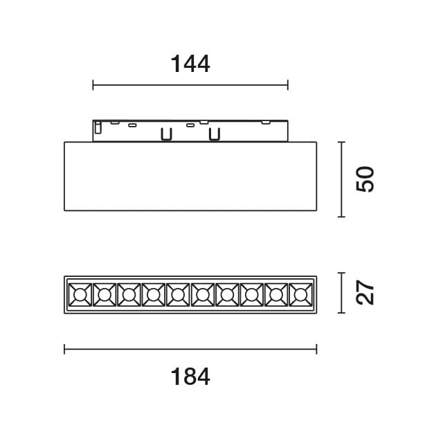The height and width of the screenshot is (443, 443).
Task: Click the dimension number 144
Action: (x=190, y=64)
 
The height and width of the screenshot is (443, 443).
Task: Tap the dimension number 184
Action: (x=190, y=377)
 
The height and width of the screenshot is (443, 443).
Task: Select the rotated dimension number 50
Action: (x=365, y=179)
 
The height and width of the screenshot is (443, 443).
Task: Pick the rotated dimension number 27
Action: (x=365, y=293)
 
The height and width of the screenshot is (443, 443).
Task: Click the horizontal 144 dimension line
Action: (x=190, y=86)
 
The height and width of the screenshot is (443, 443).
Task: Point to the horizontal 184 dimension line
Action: (x=190, y=350)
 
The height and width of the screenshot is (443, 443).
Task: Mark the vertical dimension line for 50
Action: (x=341, y=179)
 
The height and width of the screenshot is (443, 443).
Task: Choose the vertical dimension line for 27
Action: (x=341, y=293)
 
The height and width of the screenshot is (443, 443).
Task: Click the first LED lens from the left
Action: (x=80, y=296)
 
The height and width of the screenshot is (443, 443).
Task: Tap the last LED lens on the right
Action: (x=300, y=296)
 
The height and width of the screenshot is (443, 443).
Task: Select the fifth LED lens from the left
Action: (x=178, y=296)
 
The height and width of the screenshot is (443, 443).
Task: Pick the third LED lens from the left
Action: (x=129, y=296)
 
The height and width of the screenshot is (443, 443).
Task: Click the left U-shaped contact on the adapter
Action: (x=166, y=134)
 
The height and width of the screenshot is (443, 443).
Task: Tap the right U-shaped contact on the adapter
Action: (x=215, y=134)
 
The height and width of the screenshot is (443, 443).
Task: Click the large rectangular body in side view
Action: (x=190, y=177)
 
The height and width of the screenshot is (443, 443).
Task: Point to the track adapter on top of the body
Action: (x=190, y=130)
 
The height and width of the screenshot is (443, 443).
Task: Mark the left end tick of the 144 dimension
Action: (x=93, y=86)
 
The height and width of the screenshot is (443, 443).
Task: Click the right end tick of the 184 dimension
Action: (x=316, y=350)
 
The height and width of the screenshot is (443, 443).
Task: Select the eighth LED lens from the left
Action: (x=251, y=296)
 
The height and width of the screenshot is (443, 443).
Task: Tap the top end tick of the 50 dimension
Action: (x=341, y=142)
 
